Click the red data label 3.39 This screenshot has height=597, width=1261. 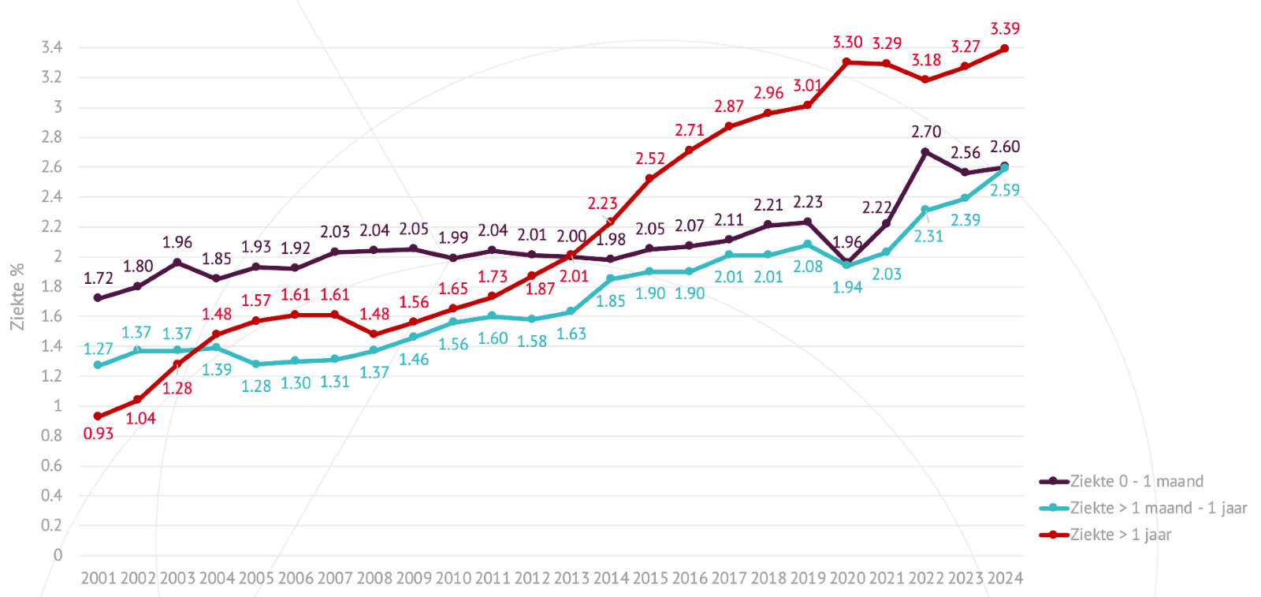tap(1005, 29)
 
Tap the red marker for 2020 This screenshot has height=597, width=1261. tap(846, 62)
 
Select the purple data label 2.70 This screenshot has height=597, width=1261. tap(926, 132)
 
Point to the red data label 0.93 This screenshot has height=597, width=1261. tap(99, 434)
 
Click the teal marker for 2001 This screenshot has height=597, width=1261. tap(98, 365)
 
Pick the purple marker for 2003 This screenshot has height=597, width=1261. tap(177, 263)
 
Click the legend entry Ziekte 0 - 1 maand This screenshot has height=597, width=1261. tap(1136, 481)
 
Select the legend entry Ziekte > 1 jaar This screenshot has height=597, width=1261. tap(1120, 535)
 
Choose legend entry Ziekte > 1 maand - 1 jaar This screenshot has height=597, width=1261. tap(1158, 508)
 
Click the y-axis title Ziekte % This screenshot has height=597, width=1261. tap(17, 297)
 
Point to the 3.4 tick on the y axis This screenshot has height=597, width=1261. tap(52, 47)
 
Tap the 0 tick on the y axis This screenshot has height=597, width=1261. tap(58, 555)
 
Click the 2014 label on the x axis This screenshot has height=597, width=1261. tap(611, 578)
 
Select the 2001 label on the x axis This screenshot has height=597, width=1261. tap(99, 578)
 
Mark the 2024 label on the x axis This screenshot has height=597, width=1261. tap(1005, 578)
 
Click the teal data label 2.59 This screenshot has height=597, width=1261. tap(1005, 190)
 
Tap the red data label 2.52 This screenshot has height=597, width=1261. tap(650, 159)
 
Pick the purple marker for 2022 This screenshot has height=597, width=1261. tap(925, 152)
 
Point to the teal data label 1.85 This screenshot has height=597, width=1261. tap(611, 301)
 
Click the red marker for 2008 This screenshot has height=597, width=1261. tap(374, 334)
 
